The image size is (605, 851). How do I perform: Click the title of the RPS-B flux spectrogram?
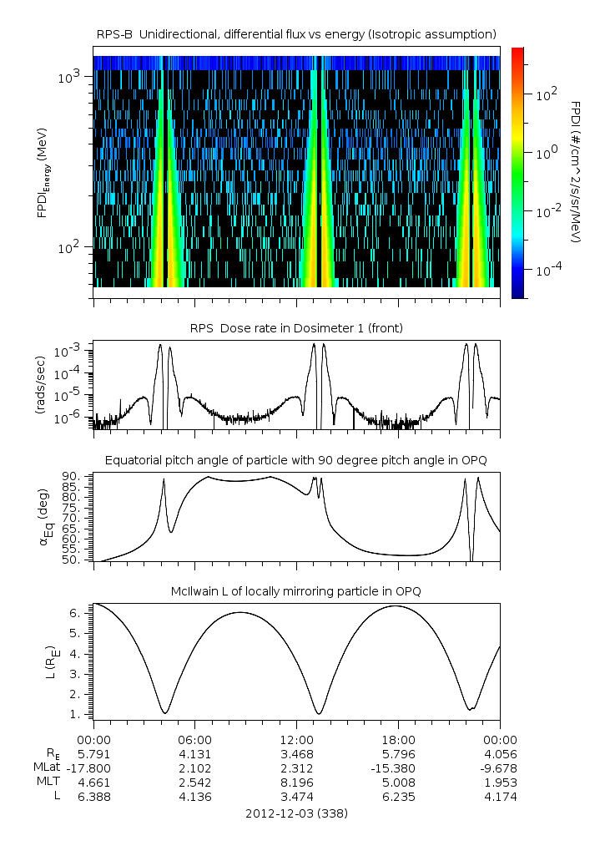[x=296, y=33]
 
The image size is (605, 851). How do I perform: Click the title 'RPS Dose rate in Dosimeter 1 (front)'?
[x=296, y=328]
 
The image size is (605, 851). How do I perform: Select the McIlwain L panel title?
[x=296, y=591]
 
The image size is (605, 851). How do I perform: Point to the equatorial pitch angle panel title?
[x=296, y=460]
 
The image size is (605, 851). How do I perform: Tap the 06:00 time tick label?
[x=195, y=739]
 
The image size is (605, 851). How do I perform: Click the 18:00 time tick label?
[x=398, y=739]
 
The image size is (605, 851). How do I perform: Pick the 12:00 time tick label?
[x=297, y=739]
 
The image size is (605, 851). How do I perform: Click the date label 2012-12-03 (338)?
[x=296, y=813]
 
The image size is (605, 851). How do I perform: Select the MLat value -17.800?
[x=93, y=767]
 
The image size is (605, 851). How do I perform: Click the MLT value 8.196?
[x=297, y=783]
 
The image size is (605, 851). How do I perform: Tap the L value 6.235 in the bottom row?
[x=398, y=797]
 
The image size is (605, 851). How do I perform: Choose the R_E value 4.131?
[x=195, y=753]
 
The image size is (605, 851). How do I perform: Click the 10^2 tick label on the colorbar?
[x=547, y=95]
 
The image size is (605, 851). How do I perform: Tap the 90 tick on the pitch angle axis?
[x=71, y=476]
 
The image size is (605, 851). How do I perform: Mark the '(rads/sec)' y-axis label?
[x=38, y=385]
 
